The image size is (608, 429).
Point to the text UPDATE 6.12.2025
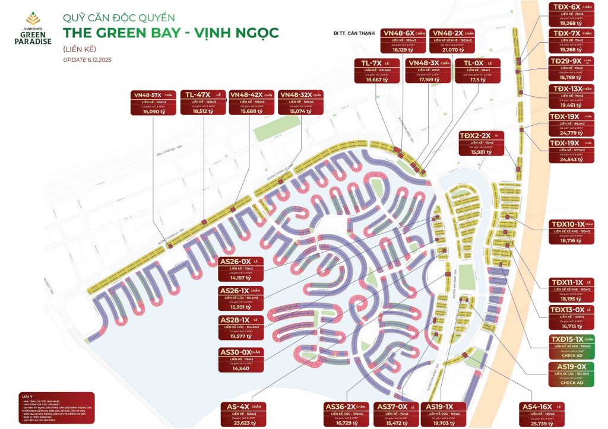click(x=87, y=60)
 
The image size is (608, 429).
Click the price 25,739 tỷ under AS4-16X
click(x=541, y=423)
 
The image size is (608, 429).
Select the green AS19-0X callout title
click(x=569, y=367)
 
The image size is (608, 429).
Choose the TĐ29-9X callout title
click(x=565, y=61)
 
